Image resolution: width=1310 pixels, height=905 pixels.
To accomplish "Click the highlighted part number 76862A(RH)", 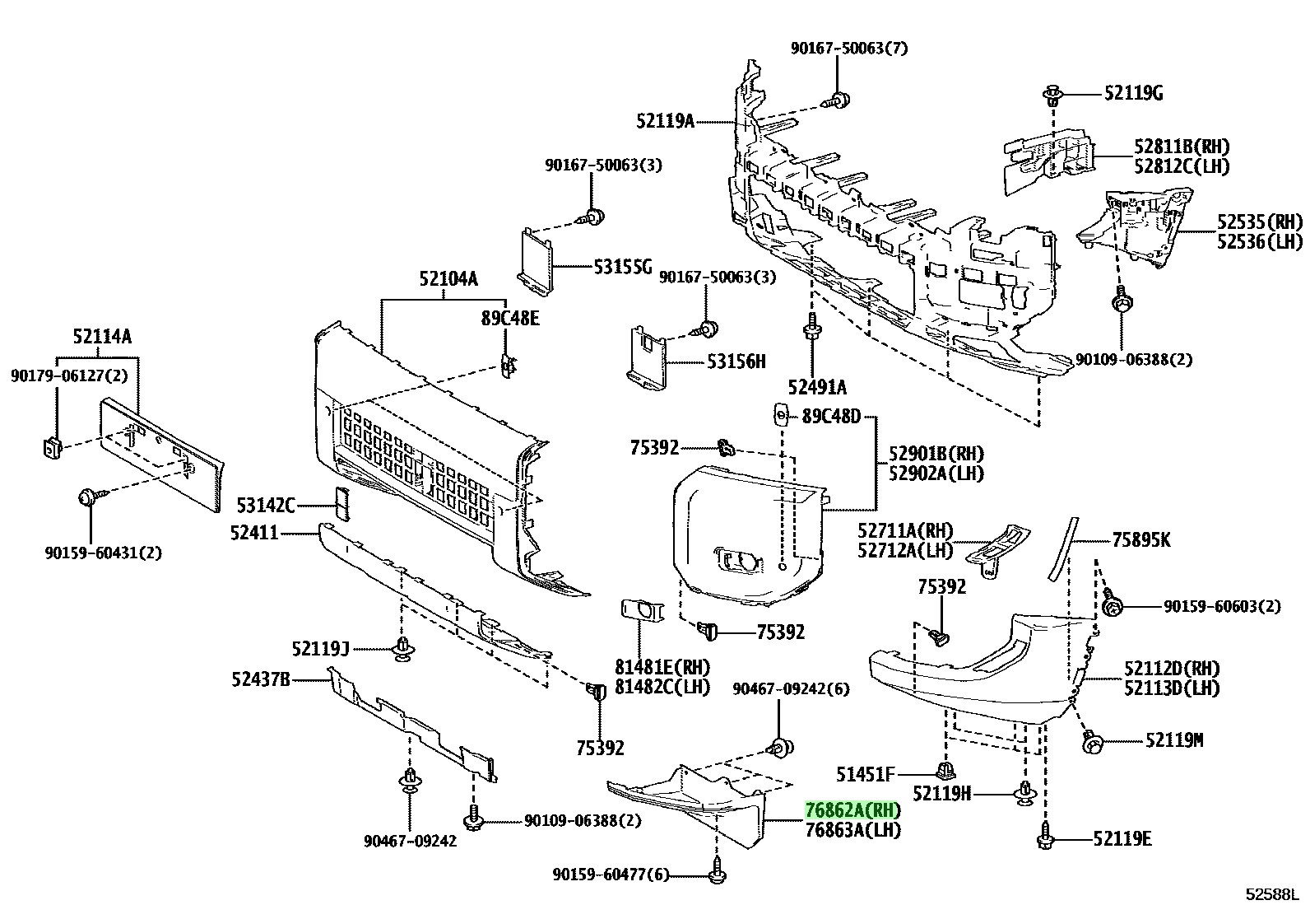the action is [x=852, y=810].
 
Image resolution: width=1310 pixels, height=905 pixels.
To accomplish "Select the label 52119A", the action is [x=666, y=121].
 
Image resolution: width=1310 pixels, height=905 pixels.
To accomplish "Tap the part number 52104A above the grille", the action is [x=448, y=278].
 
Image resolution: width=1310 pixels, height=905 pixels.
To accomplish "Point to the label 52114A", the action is [x=102, y=336].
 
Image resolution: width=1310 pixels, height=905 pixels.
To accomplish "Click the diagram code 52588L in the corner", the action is [x=1271, y=893].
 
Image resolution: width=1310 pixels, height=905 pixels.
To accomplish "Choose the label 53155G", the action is [x=623, y=267].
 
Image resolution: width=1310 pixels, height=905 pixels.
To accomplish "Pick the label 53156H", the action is [x=736, y=362].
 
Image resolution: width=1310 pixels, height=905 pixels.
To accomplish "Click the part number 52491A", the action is [x=817, y=388].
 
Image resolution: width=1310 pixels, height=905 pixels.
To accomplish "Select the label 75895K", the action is [x=1141, y=539].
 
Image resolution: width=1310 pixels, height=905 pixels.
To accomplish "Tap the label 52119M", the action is [x=1174, y=741].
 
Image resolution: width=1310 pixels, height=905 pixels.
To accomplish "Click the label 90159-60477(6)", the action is [x=611, y=875].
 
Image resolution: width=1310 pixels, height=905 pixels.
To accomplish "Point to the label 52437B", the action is [x=261, y=679].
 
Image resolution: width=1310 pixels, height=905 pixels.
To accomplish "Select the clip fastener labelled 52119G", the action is [x=1052, y=96].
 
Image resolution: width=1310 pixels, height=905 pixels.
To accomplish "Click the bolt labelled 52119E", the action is [x=1045, y=837].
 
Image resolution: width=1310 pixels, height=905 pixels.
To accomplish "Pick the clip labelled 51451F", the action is [x=945, y=770].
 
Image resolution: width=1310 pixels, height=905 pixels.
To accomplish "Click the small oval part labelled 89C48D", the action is [x=782, y=415].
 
